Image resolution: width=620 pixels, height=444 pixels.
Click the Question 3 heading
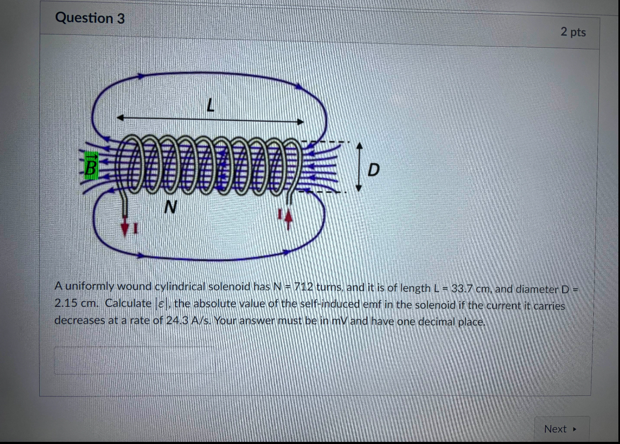click(x=90, y=19)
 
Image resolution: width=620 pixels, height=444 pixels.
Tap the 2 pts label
click(x=573, y=32)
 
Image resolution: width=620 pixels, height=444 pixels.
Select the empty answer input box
click(x=135, y=360)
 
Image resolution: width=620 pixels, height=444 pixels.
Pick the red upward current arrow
click(x=288, y=219)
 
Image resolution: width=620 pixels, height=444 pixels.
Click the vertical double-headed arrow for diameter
click(x=359, y=166)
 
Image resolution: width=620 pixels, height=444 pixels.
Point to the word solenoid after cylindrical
click(x=229, y=287)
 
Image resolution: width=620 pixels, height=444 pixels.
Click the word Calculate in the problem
click(x=128, y=304)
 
